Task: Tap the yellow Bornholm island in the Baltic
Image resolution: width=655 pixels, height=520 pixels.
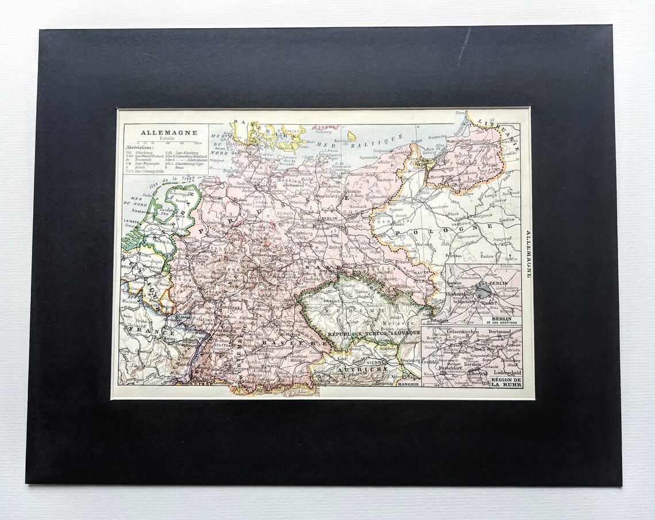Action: coord(351,136)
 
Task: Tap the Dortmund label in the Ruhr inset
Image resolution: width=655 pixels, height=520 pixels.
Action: coord(499,332)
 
